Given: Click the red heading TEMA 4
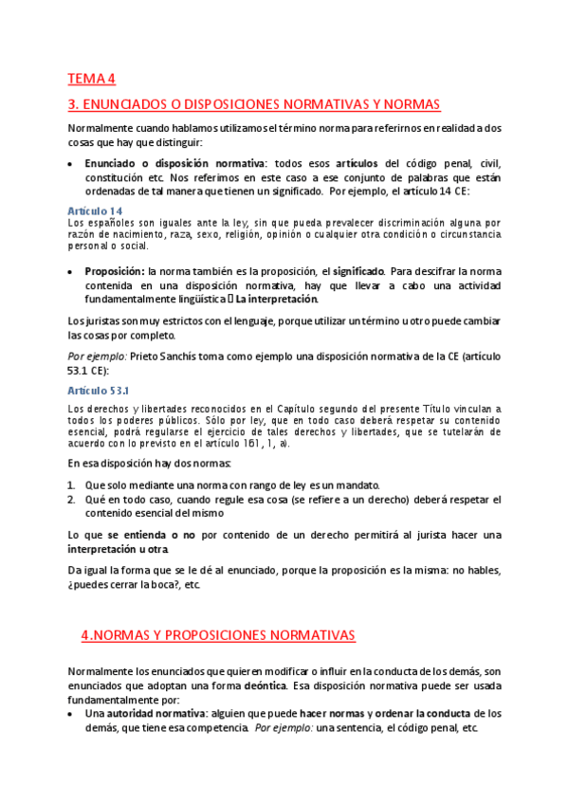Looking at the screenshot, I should tap(91, 79).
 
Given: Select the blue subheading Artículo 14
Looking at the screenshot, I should tap(96, 210).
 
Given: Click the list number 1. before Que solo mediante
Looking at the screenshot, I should tap(72, 484).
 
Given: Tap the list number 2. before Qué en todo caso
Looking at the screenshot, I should tap(72, 498).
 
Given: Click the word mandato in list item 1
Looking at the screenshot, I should tap(357, 484).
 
